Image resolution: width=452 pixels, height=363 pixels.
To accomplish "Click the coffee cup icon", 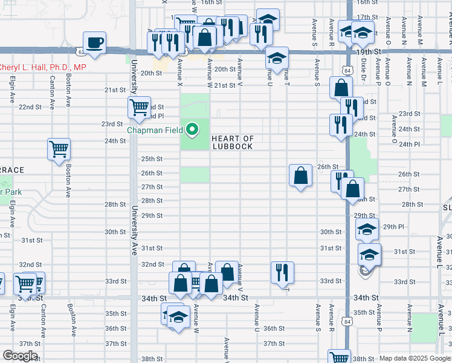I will click(x=94, y=43).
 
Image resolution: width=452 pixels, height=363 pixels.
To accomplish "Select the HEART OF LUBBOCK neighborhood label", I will click(x=233, y=143).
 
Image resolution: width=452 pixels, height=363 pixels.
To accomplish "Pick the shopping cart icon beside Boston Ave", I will click(x=59, y=149).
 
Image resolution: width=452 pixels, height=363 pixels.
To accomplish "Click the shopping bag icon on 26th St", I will click(x=300, y=176).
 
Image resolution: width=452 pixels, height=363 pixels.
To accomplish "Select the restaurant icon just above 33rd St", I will click(x=282, y=273).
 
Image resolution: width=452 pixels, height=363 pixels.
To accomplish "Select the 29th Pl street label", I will click(x=393, y=227).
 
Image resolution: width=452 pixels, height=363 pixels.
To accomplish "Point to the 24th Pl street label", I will click(x=408, y=144).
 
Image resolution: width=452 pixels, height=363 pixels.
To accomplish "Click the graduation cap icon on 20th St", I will click(x=277, y=59).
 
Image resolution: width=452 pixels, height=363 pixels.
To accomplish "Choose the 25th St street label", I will click(x=152, y=159).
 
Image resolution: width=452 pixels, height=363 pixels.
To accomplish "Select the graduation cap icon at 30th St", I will click(x=367, y=230).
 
